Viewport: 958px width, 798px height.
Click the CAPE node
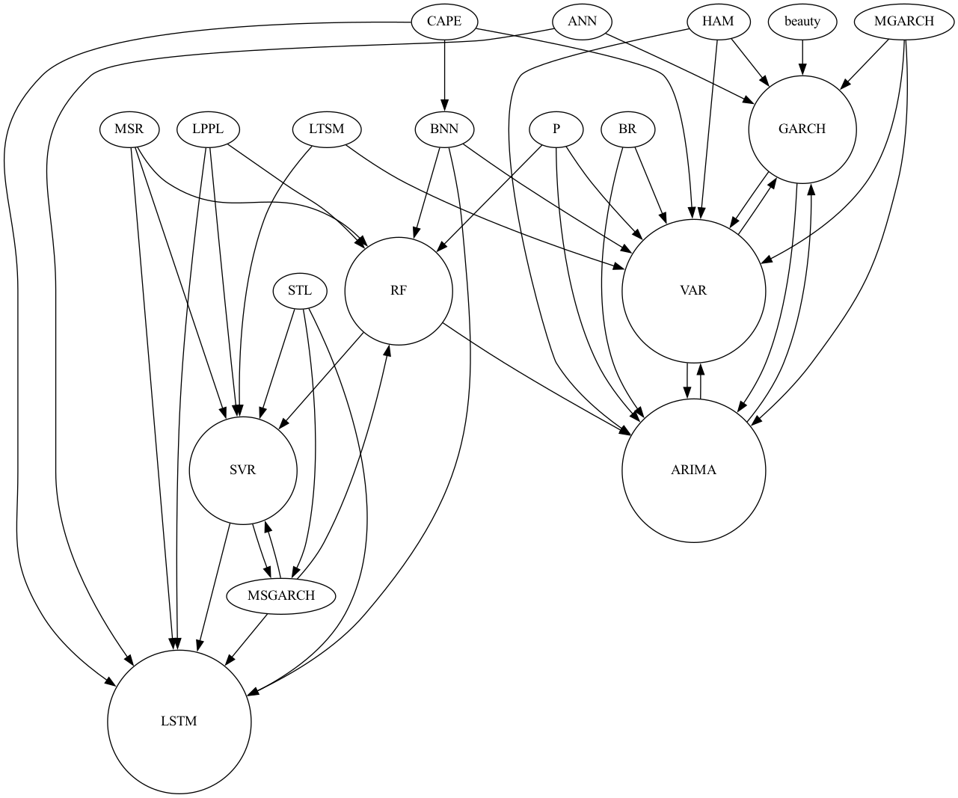444,21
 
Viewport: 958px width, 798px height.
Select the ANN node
582,21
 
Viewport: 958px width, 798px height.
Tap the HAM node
718,21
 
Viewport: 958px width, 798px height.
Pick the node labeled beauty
802,21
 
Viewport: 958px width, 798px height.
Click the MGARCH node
903,21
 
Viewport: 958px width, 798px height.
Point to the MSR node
129,129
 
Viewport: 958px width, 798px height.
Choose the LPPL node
208,129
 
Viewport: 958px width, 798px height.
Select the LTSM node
326,129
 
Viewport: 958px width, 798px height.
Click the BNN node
444,129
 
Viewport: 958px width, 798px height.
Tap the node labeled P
556,129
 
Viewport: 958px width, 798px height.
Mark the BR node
627,129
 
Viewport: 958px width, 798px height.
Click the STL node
299,290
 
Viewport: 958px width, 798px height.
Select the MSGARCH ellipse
281,595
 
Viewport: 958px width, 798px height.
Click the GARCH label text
802,129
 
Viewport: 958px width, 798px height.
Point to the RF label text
399,290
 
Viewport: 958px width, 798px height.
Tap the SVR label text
243,470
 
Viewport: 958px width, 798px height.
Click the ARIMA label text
693,470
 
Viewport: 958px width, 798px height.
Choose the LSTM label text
179,722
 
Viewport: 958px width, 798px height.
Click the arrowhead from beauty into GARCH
802,69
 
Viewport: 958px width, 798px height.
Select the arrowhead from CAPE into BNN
444,105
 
